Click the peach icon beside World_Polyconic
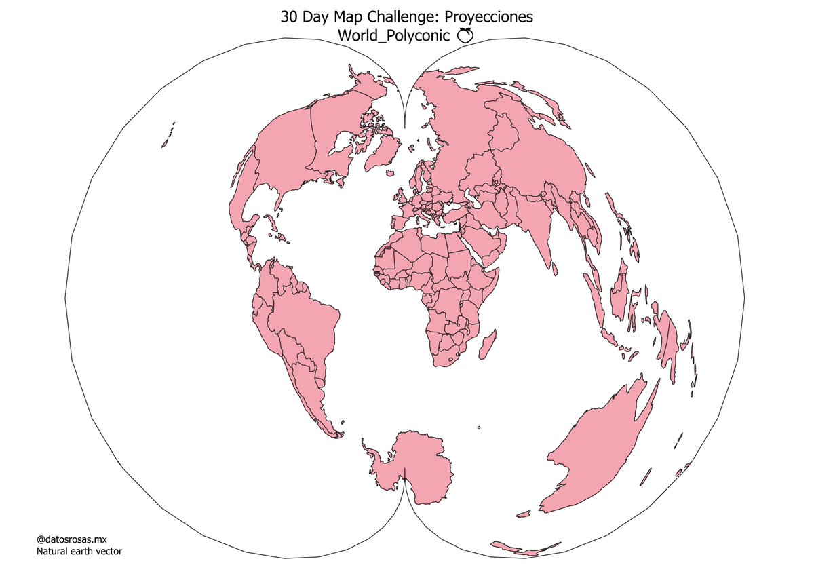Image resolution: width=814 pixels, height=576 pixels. (x=464, y=36)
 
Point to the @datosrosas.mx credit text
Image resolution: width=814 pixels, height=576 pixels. (x=71, y=539)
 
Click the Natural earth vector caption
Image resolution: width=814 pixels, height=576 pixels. (x=79, y=552)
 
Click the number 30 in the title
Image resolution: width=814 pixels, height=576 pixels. (x=289, y=17)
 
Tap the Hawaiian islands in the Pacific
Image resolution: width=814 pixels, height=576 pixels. (x=166, y=139)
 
